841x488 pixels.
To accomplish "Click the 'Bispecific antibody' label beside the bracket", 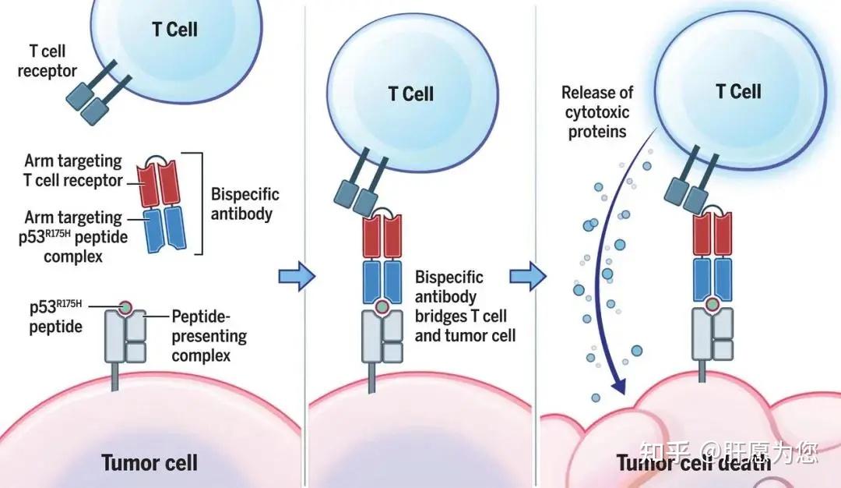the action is coord(245,204).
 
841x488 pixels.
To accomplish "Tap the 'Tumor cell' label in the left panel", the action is coord(150,463).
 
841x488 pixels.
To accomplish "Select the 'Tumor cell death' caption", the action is coord(693,463).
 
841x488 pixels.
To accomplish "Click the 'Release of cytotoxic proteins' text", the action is coord(597,112).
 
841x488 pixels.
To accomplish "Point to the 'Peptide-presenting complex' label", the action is coord(209,336).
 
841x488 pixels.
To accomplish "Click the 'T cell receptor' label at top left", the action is coord(48,62).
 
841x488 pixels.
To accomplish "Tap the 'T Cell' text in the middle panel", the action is coord(411,94).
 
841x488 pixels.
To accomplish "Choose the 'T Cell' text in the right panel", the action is coord(738,92).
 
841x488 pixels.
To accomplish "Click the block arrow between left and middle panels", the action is coord(297,277).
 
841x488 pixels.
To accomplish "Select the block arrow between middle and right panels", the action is coord(528,277).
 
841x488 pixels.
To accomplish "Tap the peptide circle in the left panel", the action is coord(125,308).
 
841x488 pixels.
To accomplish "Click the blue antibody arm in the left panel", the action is coord(165,229).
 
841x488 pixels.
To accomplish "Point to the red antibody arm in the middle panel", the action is coord(382,236).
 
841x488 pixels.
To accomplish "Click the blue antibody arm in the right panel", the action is coord(713,279).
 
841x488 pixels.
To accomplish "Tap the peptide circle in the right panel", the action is coord(713,304).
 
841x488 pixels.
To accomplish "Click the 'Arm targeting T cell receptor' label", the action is coord(73,171).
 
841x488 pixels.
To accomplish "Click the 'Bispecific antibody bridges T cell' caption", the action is coord(461,297).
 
